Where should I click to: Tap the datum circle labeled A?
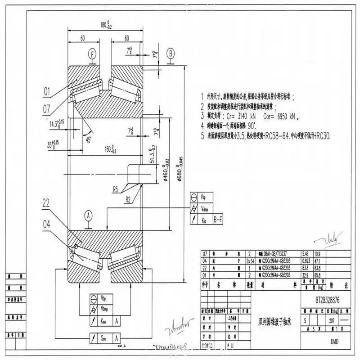point(89,216)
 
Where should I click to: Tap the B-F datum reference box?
point(219,219)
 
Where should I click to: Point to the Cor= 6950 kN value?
point(284,116)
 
